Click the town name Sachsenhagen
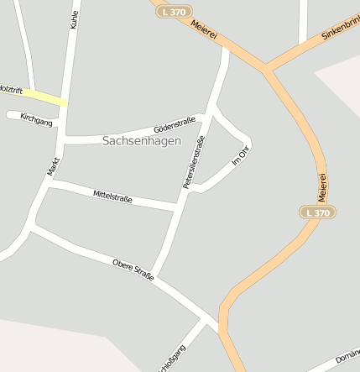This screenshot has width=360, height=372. (x=141, y=141)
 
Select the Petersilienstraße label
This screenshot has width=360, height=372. (x=194, y=160)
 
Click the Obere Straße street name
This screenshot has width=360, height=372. (x=133, y=270)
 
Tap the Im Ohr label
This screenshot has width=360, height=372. (x=241, y=155)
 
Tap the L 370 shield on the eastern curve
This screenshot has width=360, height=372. (x=319, y=212)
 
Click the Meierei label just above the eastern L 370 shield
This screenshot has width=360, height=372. (x=321, y=186)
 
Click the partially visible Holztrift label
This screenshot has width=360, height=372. (x=10, y=88)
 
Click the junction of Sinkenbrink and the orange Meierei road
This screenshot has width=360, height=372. (x=266, y=71)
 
